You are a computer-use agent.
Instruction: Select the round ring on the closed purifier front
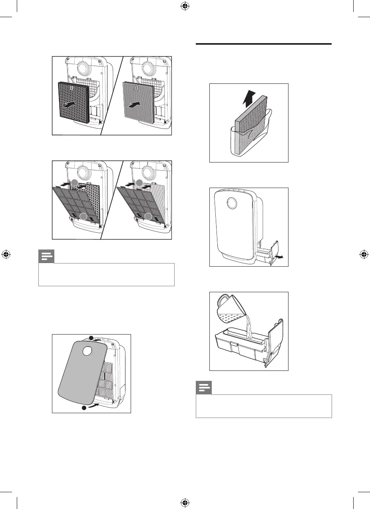231,203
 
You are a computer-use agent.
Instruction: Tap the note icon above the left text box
46,256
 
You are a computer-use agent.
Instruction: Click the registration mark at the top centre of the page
185,7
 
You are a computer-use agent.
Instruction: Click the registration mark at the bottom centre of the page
185,502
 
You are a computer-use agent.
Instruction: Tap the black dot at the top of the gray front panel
91,338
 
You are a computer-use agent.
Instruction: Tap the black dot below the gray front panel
84,408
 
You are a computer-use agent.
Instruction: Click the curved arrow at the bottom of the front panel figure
93,406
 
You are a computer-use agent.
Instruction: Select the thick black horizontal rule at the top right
264,44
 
